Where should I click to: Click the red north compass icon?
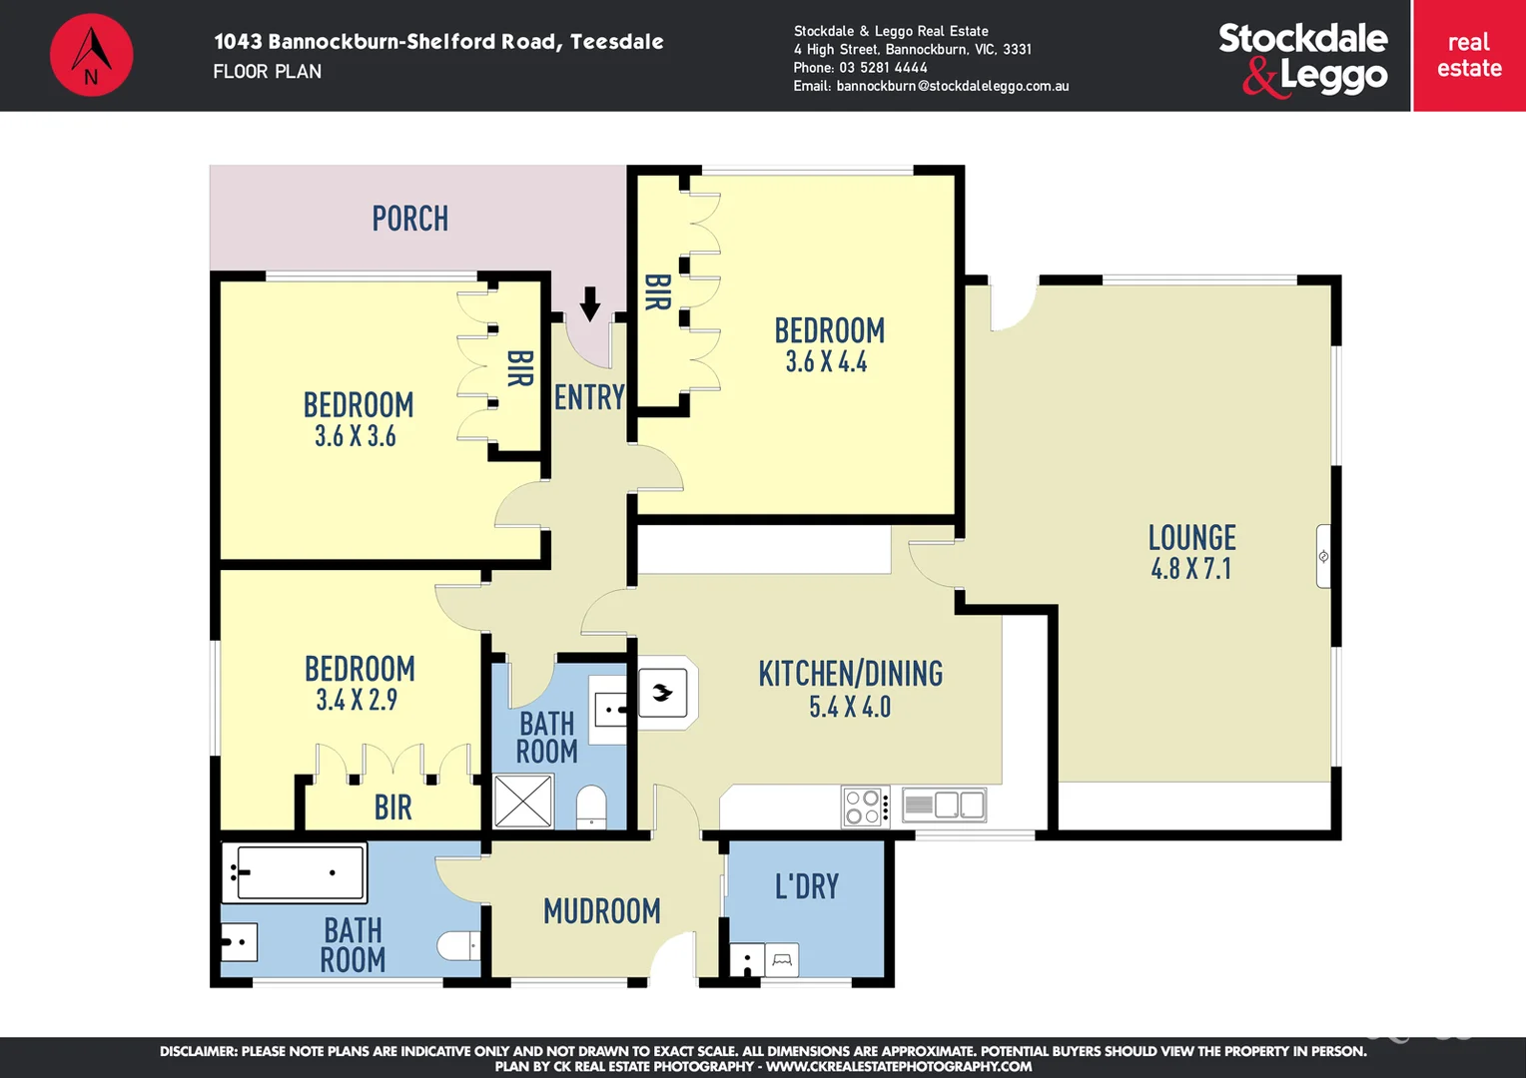(91, 55)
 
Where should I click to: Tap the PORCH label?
(409, 219)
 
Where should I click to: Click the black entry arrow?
(590, 303)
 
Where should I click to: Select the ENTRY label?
(589, 397)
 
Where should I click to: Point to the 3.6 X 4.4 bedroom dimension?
(826, 362)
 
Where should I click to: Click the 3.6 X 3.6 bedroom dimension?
(356, 436)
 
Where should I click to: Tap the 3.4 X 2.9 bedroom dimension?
(357, 700)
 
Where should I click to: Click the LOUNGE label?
(1191, 538)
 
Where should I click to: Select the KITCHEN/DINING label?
(850, 674)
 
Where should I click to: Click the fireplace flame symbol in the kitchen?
(662, 692)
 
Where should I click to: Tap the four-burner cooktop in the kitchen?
(864, 807)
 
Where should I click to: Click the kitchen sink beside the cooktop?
(945, 805)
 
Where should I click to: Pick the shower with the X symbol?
(523, 801)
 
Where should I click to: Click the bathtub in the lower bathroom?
(294, 872)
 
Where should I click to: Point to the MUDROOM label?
(601, 910)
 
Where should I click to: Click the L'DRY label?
(807, 886)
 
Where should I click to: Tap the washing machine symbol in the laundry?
(782, 960)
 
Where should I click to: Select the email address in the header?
(952, 86)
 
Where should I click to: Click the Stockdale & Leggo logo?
(1302, 58)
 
